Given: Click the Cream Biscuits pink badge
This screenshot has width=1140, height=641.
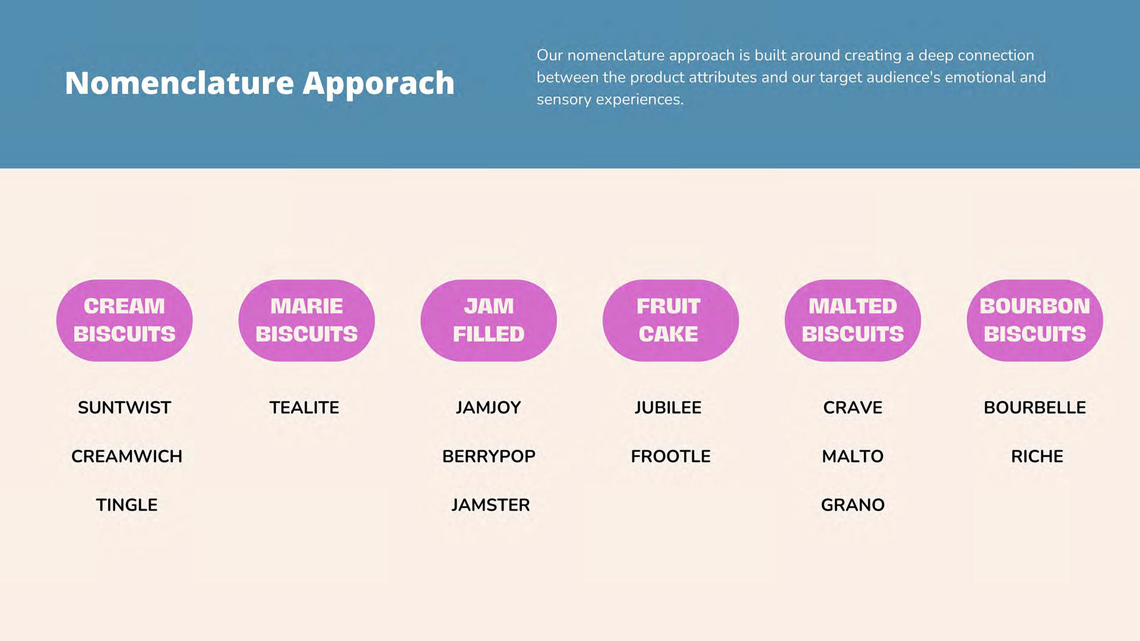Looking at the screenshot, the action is pos(125,320).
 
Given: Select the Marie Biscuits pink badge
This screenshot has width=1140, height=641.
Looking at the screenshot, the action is pos(306,320).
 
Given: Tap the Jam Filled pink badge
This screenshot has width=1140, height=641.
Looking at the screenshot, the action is pos(489,320).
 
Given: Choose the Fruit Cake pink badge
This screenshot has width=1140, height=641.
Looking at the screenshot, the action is pos(671,320).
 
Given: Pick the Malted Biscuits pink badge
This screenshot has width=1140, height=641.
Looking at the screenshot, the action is pos(853,320).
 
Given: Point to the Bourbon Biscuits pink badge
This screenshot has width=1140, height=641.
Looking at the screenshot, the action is pos(1035,320).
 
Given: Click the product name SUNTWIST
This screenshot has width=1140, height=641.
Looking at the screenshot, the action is pos(125,408).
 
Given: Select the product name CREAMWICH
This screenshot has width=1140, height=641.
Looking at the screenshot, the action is pos(126,456).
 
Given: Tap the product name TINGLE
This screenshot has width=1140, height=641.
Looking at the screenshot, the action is pos(126,505).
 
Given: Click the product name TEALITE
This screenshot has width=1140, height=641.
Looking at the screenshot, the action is pos(305,408).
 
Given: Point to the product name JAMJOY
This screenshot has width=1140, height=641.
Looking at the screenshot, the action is pos(489,408).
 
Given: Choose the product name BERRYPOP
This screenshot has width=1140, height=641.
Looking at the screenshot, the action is pos(489,456).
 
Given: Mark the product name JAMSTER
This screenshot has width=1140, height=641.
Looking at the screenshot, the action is pos(490,505).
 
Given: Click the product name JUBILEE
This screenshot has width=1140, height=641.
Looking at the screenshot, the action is pos(668,408).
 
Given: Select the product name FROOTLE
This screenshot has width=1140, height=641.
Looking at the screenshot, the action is pos(671,456).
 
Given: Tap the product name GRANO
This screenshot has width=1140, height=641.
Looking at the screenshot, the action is pos(853,505).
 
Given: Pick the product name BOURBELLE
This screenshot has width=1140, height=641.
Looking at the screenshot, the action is pos(1035,408).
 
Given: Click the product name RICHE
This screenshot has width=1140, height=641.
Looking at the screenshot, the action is pos(1037,456).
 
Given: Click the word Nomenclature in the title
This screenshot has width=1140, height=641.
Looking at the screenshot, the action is pos(179,82).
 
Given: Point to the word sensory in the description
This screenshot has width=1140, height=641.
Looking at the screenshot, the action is pos(564,100).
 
